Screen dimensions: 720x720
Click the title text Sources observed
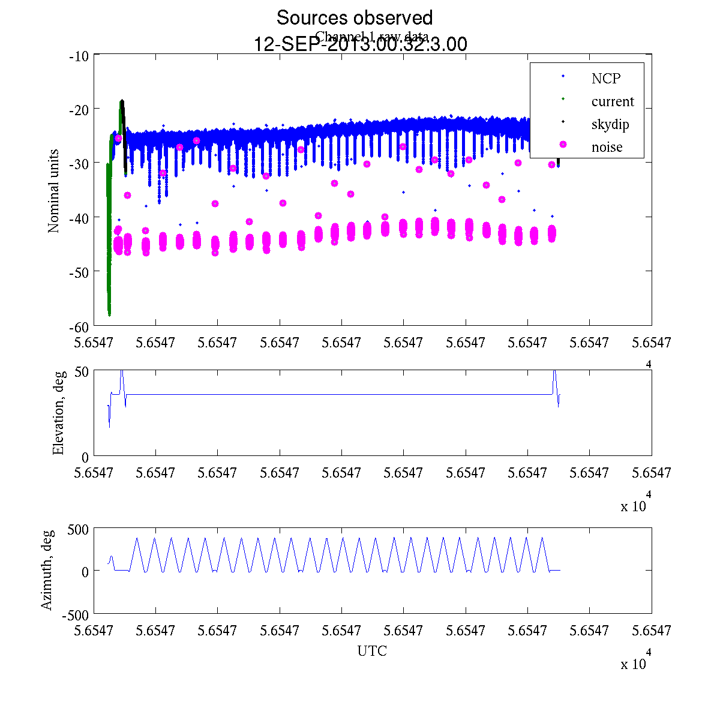[354, 17]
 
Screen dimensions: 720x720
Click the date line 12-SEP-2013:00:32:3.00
[361, 44]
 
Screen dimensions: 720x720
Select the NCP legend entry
[605, 78]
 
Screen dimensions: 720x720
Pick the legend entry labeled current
[613, 101]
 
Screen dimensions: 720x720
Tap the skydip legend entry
[610, 125]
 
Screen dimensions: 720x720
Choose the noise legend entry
[607, 148]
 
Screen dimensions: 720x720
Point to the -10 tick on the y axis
[79, 56]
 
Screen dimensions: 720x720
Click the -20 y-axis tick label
[79, 109]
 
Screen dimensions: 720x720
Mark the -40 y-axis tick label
[79, 217]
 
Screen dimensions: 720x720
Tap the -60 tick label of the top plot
[79, 326]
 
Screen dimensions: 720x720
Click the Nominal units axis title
[54, 191]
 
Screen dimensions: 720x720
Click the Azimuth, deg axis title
[47, 570]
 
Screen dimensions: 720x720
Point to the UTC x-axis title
[372, 651]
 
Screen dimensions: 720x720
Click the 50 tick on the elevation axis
[82, 371]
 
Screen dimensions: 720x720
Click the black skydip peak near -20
[122, 101]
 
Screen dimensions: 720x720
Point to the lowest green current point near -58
[109, 313]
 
